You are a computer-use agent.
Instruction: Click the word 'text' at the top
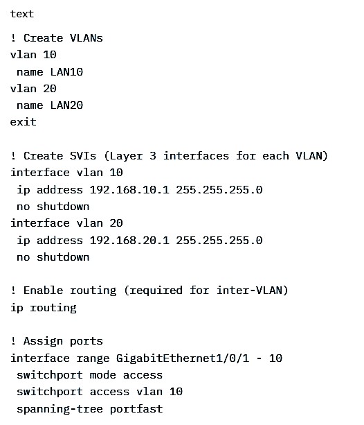pyautogui.click(x=22, y=14)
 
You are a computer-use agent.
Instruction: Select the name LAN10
pyautogui.click(x=66, y=72)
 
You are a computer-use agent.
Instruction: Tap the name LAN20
pyautogui.click(x=66, y=105)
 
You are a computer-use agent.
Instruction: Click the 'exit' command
pyautogui.click(x=24, y=122)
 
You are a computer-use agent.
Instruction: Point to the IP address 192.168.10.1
pyautogui.click(x=129, y=189)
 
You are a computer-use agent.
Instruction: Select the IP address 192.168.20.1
pyautogui.click(x=129, y=240)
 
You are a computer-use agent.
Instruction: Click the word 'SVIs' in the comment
pyautogui.click(x=83, y=156)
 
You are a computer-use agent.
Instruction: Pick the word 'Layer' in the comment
pyautogui.click(x=123, y=156)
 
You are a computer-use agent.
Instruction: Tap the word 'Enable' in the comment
pyautogui.click(x=44, y=290)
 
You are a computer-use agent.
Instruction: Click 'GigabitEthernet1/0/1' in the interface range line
pyautogui.click(x=183, y=358)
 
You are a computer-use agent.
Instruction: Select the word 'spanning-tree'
pyautogui.click(x=60, y=409)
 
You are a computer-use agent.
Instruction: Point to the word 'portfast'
pyautogui.click(x=136, y=409)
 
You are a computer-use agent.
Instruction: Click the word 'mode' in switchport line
pyautogui.click(x=103, y=375)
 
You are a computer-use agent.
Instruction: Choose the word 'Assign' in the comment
pyautogui.click(x=44, y=341)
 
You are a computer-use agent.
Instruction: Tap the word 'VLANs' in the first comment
pyautogui.click(x=87, y=38)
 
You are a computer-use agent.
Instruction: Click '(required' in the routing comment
pyautogui.click(x=153, y=290)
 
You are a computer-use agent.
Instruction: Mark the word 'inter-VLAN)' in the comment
pyautogui.click(x=252, y=290)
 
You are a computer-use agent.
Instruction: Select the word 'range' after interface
pyautogui.click(x=93, y=358)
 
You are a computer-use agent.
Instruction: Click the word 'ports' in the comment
pyautogui.click(x=87, y=341)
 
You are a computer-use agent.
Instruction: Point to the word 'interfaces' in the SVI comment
pyautogui.click(x=196, y=156)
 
